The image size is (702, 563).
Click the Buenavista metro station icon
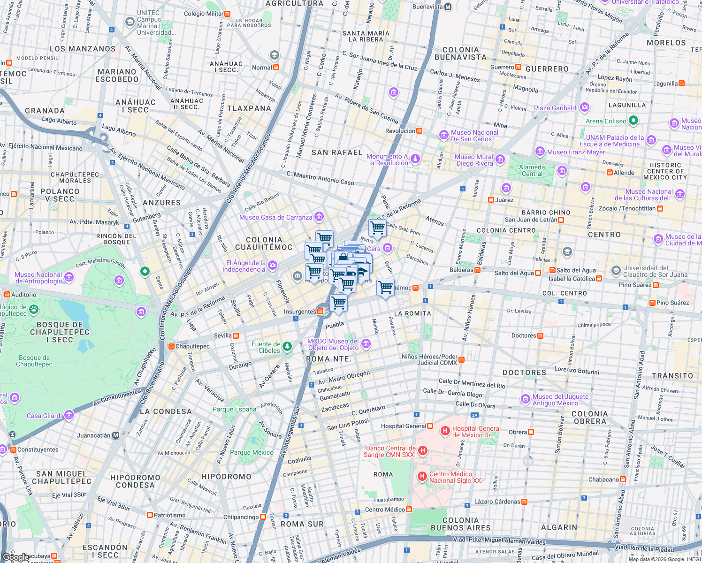pos(448,7)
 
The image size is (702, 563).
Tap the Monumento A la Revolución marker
pos(415,160)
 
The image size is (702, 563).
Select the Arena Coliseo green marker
pos(633,121)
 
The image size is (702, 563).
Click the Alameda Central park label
pos(532,170)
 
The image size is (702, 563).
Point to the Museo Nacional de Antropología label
pos(38,278)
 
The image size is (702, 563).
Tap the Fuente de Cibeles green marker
pos(287,347)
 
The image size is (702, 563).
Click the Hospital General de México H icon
pos(445,431)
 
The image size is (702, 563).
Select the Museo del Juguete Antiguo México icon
pos(526,399)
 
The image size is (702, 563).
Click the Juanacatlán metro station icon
pos(115,435)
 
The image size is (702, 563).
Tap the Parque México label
pos(252,452)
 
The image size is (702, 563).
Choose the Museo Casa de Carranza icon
pos(319,216)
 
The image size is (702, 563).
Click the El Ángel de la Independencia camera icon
pos(273,266)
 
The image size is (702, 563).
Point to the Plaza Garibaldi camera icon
pos(584,107)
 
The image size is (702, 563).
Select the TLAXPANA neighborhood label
pos(249,108)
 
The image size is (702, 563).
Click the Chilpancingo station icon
pos(263,517)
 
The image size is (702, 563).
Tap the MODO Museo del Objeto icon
pos(366,344)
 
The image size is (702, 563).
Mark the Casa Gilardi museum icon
pos(69,415)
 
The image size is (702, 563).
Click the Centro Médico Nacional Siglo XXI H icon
pos(422,477)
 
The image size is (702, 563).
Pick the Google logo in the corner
pos(15,557)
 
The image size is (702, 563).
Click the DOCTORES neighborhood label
pos(524,373)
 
